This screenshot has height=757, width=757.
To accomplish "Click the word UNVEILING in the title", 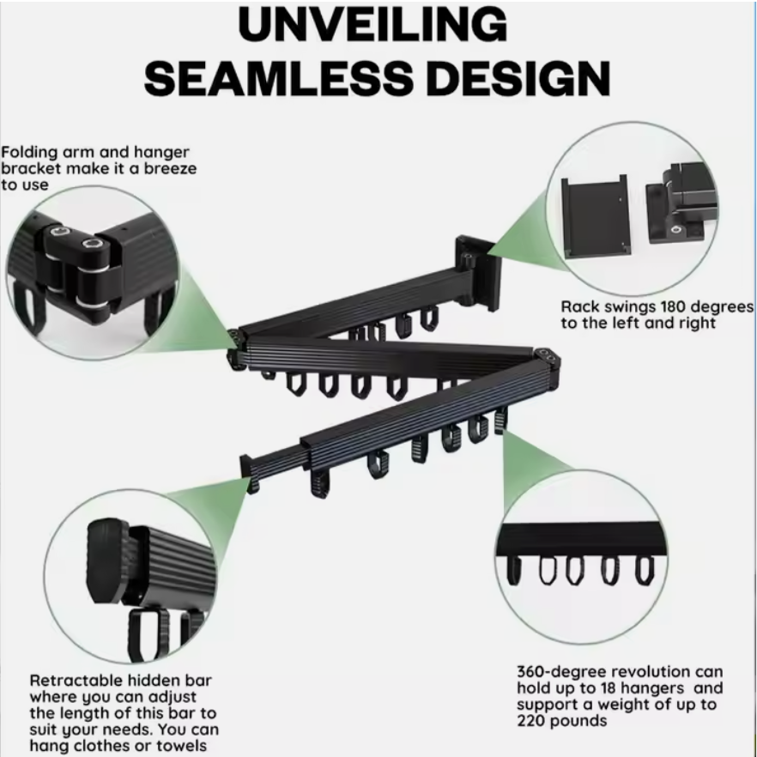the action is [372, 25].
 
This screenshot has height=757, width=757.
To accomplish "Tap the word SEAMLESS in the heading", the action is [279, 79].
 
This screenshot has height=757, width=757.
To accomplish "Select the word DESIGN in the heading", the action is [518, 79].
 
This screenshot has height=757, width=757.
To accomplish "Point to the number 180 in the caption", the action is [675, 306].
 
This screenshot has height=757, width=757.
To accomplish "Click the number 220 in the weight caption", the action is [531, 721].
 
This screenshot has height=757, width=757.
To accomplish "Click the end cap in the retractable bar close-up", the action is [107, 561].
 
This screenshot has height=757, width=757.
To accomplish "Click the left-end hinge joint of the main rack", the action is [237, 348].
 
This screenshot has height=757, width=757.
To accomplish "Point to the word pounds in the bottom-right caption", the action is [578, 722].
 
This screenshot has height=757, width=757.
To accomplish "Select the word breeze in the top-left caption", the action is [171, 168].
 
